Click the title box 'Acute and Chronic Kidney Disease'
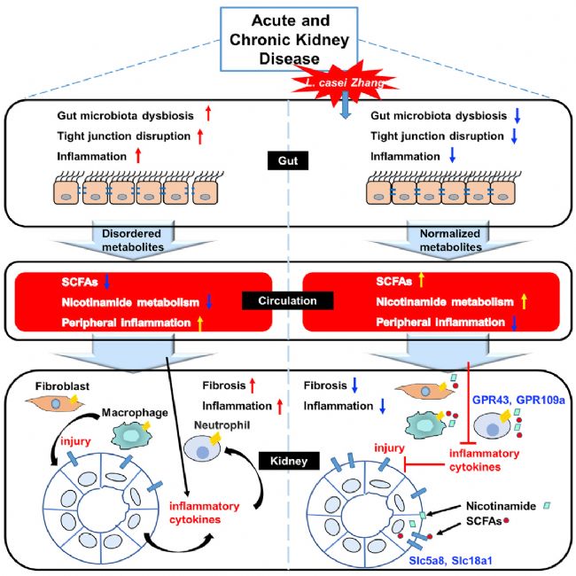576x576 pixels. (x=289, y=39)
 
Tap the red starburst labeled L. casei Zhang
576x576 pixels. (x=344, y=83)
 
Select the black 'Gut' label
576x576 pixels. (x=288, y=160)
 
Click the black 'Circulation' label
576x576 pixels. (x=287, y=300)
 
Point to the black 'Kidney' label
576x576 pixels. (x=289, y=461)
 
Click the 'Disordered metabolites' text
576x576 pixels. (x=132, y=240)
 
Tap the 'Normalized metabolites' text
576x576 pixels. (x=450, y=240)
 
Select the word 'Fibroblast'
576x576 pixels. (x=62, y=386)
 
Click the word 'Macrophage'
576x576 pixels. (x=135, y=413)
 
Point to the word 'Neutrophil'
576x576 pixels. (x=222, y=425)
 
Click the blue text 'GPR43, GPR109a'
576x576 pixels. (x=518, y=400)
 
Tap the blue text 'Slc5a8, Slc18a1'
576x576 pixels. (x=450, y=561)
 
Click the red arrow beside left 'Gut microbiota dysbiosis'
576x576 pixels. (x=208, y=113)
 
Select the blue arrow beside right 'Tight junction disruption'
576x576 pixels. (x=514, y=136)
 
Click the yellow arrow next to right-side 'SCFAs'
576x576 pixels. (x=421, y=280)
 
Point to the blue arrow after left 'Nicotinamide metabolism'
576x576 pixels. (x=209, y=301)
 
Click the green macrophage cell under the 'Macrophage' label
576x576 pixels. (x=131, y=435)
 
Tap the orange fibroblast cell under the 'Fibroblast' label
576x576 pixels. (x=55, y=402)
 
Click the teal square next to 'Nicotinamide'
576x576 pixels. (x=547, y=506)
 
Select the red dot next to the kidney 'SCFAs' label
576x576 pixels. (x=506, y=520)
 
